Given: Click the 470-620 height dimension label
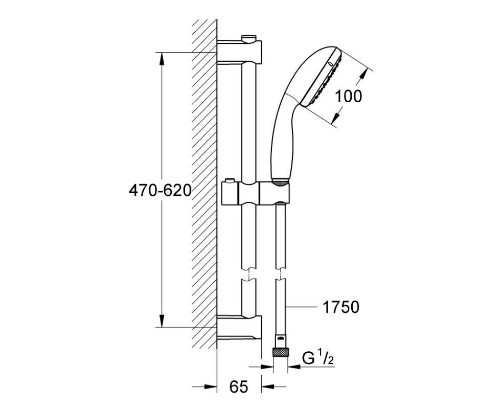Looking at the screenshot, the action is pyautogui.click(x=160, y=190).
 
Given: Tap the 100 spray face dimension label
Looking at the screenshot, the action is pyautogui.click(x=349, y=96).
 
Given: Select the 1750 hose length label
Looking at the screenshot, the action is pyautogui.click(x=341, y=307).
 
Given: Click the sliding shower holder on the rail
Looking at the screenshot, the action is pyautogui.click(x=255, y=192).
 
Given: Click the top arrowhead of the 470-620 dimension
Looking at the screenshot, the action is pyautogui.click(x=162, y=60).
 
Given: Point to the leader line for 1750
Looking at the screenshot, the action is pyautogui.click(x=301, y=307).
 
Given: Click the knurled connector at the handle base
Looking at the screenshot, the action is pyautogui.click(x=280, y=183).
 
